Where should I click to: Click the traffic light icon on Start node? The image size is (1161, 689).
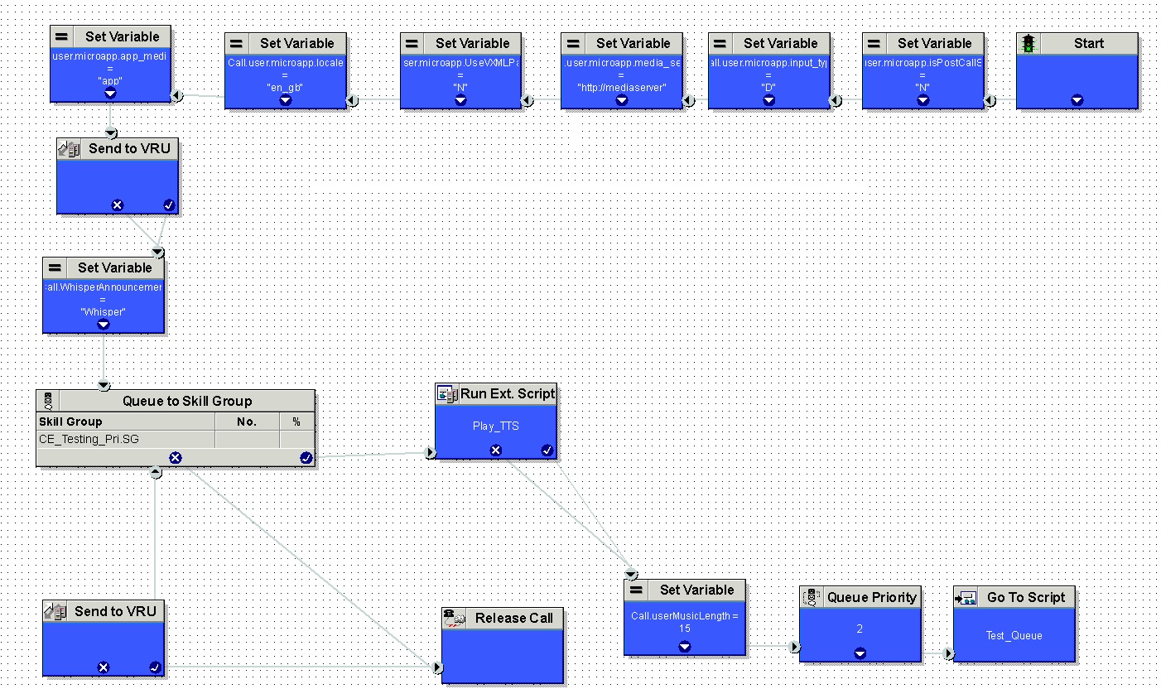pos(1029,44)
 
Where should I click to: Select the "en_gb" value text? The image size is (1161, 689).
pos(285,86)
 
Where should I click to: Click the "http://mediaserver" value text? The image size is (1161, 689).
pos(621,86)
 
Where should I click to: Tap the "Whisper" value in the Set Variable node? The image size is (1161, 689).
pos(103,311)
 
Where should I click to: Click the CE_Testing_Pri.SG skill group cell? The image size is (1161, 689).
pos(89,439)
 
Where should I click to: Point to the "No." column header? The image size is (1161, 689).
pos(247,422)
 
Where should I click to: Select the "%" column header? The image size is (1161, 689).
pos(296,422)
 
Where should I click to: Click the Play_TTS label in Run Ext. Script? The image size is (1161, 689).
pos(496,426)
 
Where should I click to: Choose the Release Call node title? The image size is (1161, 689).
pos(513,618)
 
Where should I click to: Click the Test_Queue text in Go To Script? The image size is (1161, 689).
pos(1014,635)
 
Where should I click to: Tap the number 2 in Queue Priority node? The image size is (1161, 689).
pos(860,629)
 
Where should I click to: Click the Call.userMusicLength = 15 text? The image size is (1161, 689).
pos(684,622)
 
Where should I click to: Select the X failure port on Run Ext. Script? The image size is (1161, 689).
pos(495,450)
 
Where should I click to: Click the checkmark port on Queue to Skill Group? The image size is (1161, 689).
pos(306,458)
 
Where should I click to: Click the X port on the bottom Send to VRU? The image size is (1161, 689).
pos(103,667)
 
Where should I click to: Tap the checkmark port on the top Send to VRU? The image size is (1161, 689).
pos(169,205)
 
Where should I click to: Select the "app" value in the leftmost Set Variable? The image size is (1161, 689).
pos(109,80)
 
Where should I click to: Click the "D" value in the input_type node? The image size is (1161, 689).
pos(768,86)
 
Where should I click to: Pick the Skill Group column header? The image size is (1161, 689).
pos(71,422)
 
